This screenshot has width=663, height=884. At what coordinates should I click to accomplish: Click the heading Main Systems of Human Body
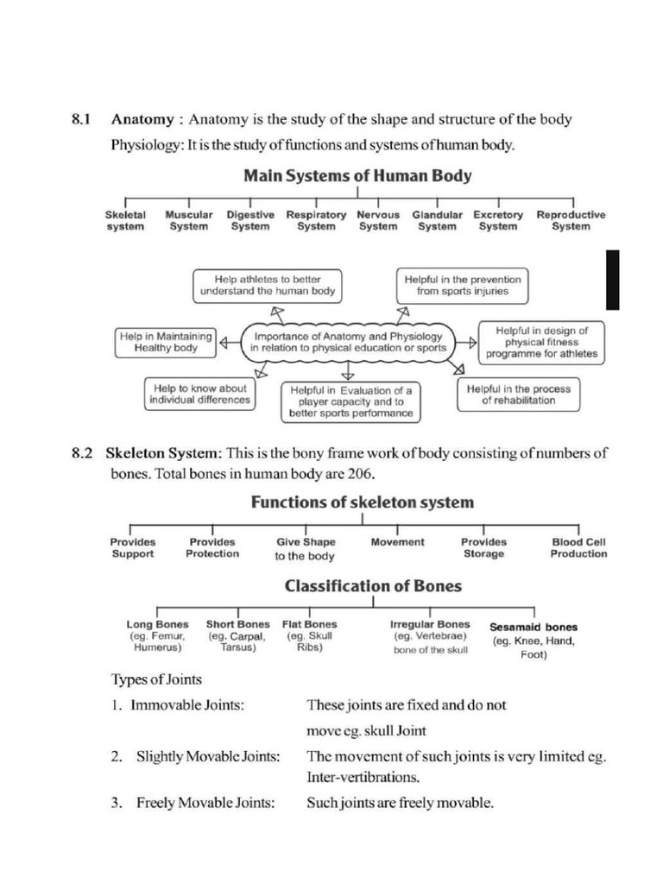357,175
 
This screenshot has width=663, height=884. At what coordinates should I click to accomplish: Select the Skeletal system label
125,220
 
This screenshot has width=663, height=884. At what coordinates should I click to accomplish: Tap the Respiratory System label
316,220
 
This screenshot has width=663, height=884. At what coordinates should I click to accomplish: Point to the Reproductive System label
571,220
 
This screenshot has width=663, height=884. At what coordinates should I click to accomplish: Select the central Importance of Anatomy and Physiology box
347,342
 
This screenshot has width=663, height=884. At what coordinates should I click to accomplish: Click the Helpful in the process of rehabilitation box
518,395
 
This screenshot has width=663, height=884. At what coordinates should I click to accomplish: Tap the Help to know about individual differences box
198,395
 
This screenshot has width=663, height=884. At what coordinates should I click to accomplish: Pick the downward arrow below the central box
347,371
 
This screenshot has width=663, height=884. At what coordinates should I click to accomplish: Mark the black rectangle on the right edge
612,280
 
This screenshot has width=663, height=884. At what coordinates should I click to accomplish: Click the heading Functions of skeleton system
362,502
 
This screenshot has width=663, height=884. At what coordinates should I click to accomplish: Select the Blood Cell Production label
578,548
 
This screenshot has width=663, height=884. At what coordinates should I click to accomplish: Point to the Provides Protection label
212,548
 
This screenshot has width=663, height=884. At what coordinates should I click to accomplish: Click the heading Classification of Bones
373,586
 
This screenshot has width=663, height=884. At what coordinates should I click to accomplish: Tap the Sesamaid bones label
534,628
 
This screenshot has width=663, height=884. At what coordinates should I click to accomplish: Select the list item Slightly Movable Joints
208,757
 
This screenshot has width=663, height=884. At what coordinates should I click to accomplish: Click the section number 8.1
82,119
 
